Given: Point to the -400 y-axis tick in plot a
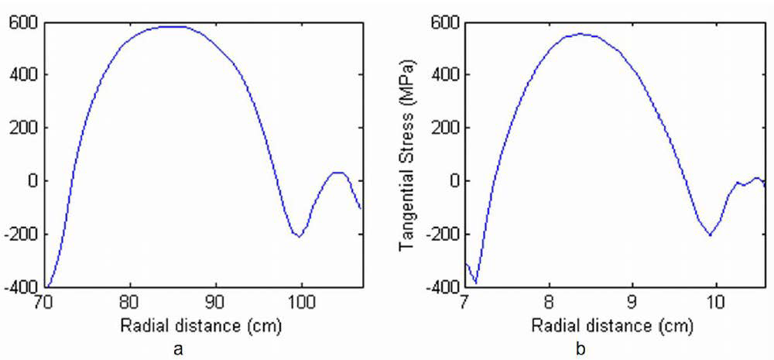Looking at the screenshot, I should coord(19,287).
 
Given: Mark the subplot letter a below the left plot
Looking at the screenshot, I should coord(180,349).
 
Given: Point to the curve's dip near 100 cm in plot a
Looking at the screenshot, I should coord(299,236).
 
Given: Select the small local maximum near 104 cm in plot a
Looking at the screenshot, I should coord(337,172).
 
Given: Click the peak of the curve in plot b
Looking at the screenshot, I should coord(580,33).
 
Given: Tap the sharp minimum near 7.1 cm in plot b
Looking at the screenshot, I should coord(475,283).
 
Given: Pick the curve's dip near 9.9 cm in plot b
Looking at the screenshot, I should coord(710,235).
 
